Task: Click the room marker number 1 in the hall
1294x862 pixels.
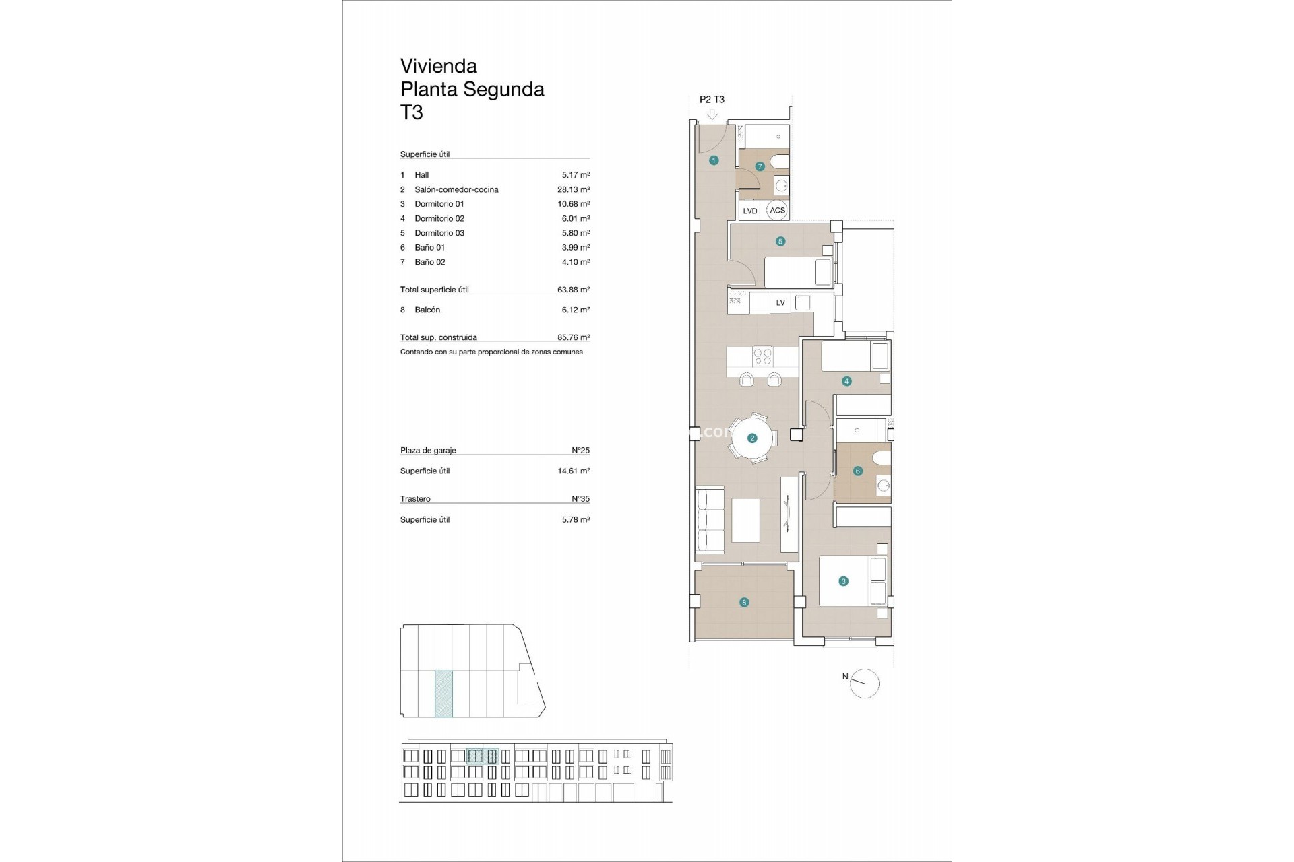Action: [x=714, y=160]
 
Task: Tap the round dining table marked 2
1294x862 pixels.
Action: [x=752, y=438]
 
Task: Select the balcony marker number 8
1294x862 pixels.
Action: [x=744, y=603]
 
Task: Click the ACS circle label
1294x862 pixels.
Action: [x=777, y=210]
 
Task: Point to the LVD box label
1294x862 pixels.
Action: [x=750, y=211]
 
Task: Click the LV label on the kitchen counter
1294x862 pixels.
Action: [x=780, y=302]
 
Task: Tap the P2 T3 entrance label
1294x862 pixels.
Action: [x=712, y=99]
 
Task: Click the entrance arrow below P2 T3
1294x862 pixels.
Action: [x=712, y=114]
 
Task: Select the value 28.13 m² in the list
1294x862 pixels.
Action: [x=573, y=189]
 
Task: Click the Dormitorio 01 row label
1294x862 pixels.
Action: [x=439, y=204]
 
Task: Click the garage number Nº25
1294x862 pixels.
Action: [x=580, y=450]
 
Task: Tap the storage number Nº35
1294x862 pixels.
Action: [x=580, y=499]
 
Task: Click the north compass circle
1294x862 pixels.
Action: [x=865, y=684]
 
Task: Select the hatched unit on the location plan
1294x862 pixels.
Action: [x=443, y=693]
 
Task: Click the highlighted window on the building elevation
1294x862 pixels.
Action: [x=483, y=756]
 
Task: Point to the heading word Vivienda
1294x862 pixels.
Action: [x=439, y=66]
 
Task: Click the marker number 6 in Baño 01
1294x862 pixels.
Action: [x=857, y=471]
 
